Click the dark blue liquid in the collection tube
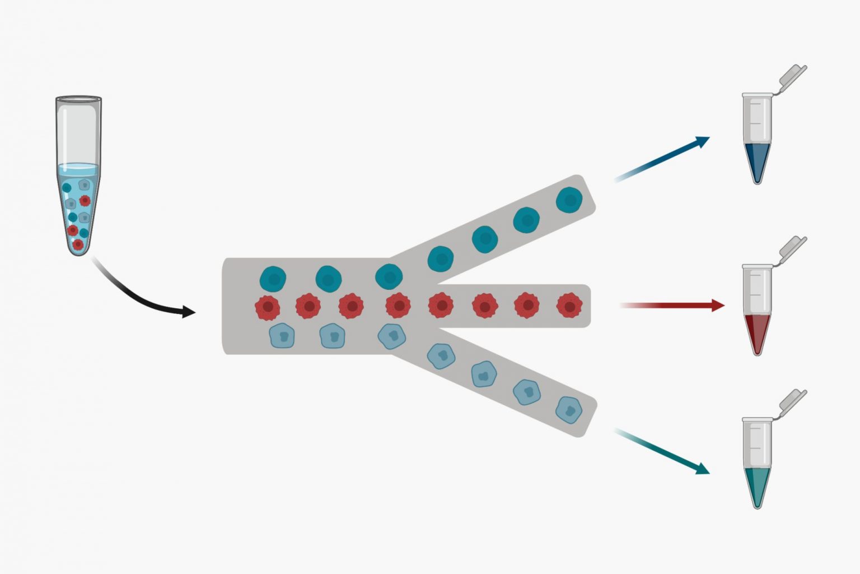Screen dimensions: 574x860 pos(757,160)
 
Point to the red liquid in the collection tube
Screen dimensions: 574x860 pos(757,331)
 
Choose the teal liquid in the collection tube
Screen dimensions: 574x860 pos(757,485)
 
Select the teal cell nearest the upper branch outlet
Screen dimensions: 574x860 pos(569,200)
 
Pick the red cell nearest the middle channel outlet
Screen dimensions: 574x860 pos(569,306)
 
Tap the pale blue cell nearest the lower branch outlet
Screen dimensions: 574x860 pos(569,410)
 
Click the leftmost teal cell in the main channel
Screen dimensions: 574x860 pos(273,279)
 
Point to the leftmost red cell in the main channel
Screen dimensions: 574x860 pos(267,307)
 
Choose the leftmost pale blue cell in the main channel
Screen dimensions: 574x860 pos(282,336)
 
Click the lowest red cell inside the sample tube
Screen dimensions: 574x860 pos(78,244)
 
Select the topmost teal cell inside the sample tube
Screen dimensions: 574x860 pos(67,188)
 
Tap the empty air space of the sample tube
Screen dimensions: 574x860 pos(78,135)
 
